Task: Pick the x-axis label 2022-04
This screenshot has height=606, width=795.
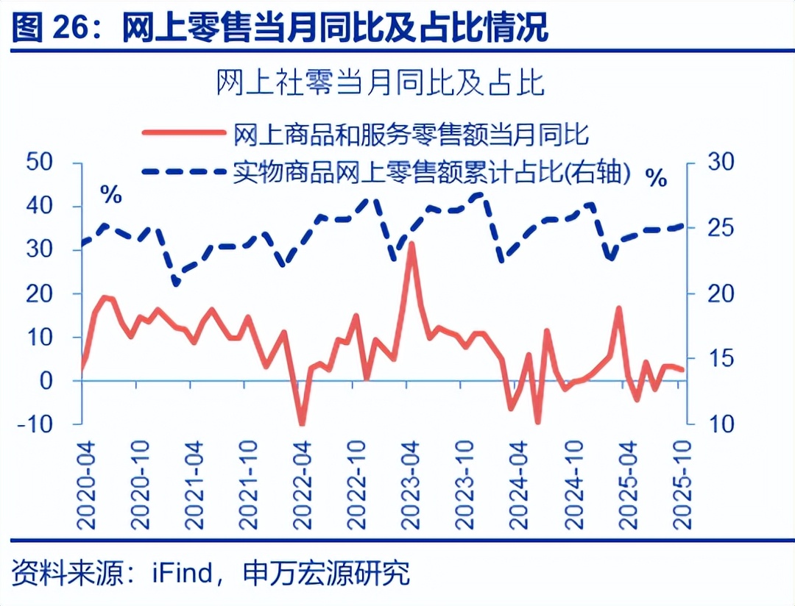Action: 303,485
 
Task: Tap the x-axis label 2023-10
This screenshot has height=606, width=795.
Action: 464,485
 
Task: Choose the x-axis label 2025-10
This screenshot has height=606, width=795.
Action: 685,485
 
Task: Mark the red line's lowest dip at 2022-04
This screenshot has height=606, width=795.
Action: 301,424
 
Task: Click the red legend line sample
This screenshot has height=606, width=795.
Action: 183,133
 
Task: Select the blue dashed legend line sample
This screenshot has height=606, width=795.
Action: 183,171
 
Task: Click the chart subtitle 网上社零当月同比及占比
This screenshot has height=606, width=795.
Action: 380,83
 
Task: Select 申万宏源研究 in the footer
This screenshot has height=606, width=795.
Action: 326,574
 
